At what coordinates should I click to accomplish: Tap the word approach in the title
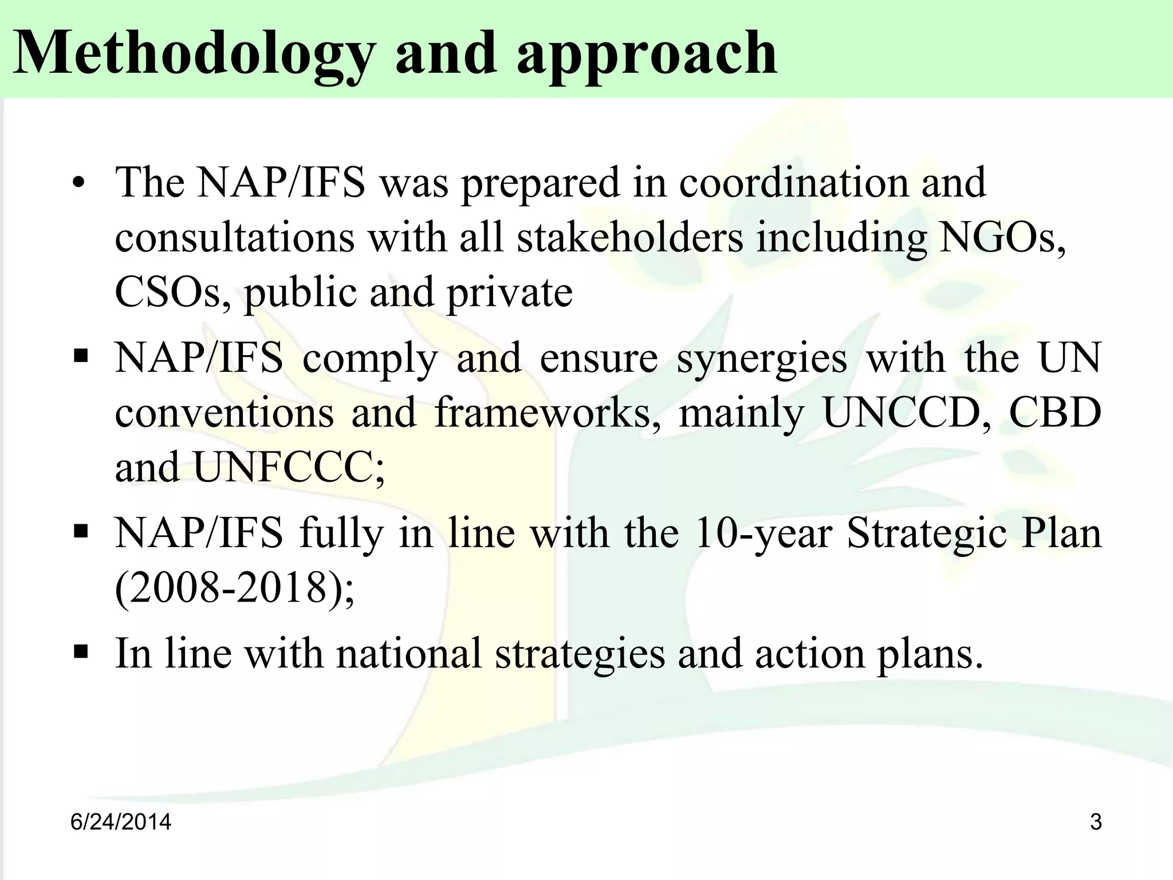647,54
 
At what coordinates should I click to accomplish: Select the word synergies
762,359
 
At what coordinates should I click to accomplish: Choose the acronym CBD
1054,412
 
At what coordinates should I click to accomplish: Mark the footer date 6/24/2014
121,822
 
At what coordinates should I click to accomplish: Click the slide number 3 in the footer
1096,822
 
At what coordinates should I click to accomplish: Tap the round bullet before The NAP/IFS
80,184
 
